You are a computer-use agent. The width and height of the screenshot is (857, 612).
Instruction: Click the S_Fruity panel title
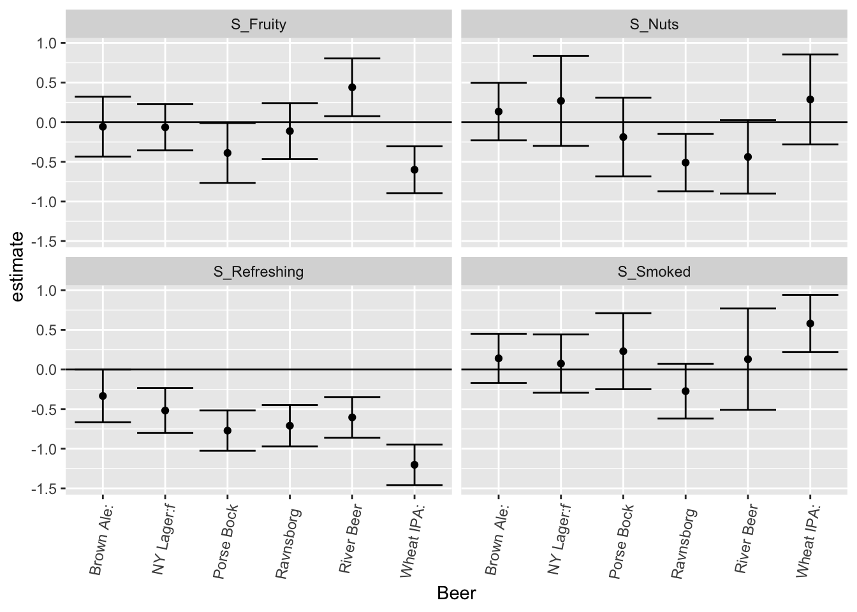pyautogui.click(x=258, y=25)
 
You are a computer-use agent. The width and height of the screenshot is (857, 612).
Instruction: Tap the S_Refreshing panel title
pyautogui.click(x=258, y=272)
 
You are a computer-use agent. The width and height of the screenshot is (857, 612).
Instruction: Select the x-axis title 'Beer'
pyautogui.click(x=456, y=594)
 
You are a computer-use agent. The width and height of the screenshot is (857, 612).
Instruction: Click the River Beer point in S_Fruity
pyautogui.click(x=352, y=87)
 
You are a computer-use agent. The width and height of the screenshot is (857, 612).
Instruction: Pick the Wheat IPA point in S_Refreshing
pyautogui.click(x=414, y=465)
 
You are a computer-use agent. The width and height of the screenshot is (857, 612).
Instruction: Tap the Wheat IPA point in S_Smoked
pyautogui.click(x=810, y=323)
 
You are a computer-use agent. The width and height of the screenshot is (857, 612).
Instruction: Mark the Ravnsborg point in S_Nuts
pyautogui.click(x=685, y=163)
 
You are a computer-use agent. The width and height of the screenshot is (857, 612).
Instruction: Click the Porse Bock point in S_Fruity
pyautogui.click(x=228, y=153)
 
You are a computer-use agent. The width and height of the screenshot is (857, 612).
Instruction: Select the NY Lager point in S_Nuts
pyautogui.click(x=561, y=101)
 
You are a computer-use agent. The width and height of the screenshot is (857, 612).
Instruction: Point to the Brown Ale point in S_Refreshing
pyautogui.click(x=103, y=396)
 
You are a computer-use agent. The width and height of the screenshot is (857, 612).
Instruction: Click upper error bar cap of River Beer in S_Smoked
pyautogui.click(x=748, y=309)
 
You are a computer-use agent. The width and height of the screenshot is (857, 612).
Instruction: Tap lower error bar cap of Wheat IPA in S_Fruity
pyautogui.click(x=414, y=193)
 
